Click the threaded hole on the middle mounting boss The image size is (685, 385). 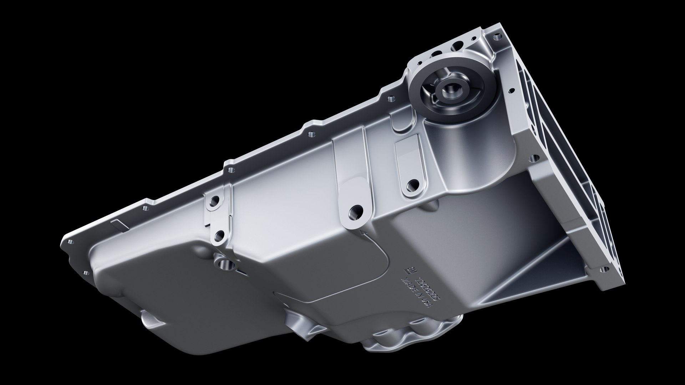click(x=356, y=211)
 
